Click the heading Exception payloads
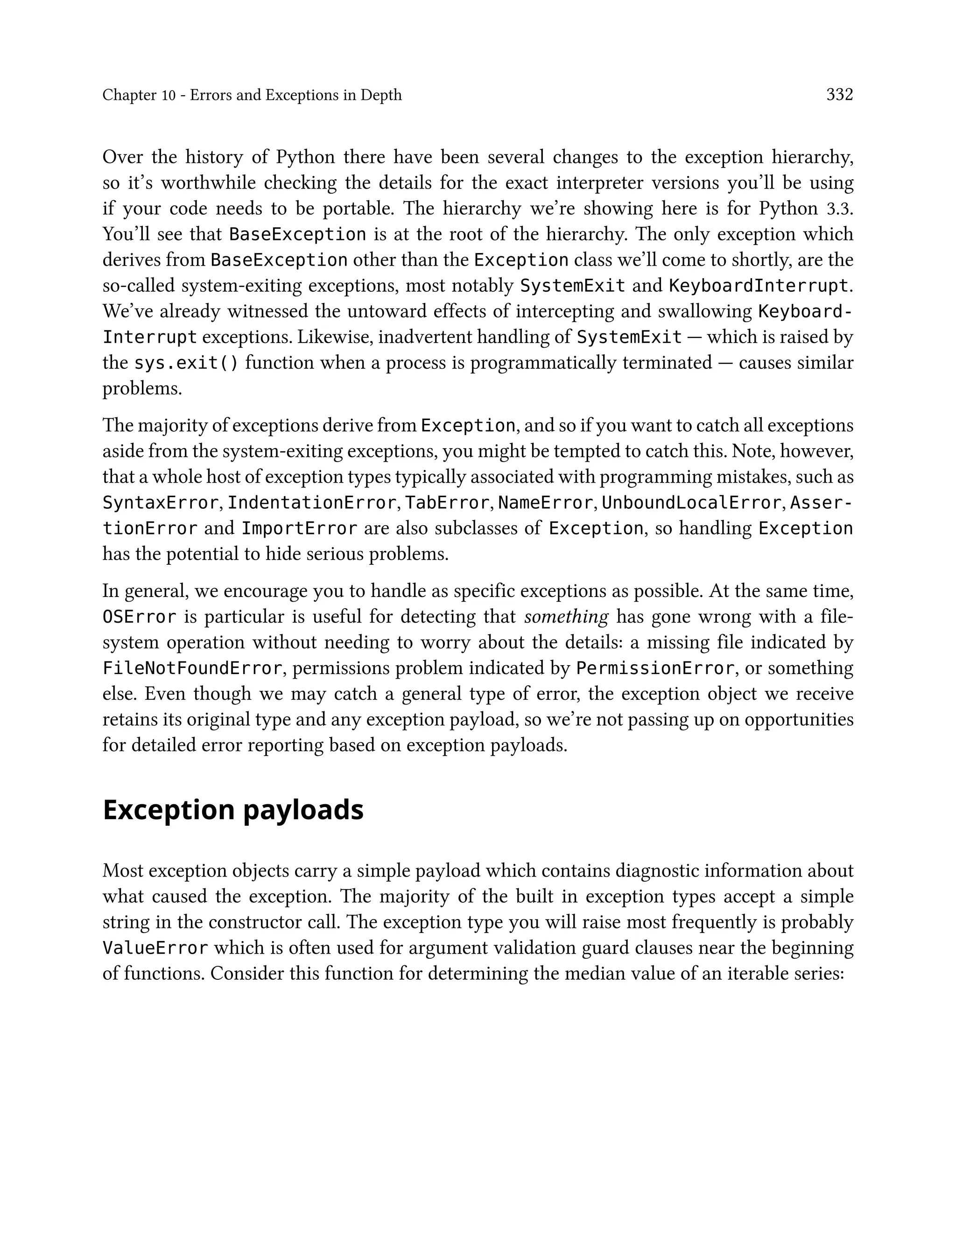click(233, 810)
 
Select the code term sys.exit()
click(186, 363)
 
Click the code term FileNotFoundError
click(192, 668)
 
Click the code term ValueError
click(155, 948)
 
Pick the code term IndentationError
click(311, 503)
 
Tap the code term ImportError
click(299, 528)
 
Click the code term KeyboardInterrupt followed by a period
click(758, 286)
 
